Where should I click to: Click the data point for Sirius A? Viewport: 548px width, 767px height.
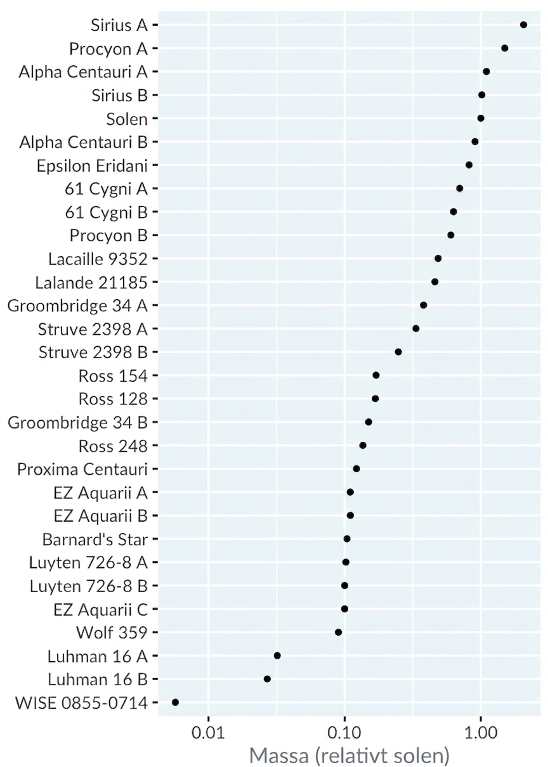(x=523, y=25)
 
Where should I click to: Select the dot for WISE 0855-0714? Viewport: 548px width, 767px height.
(x=175, y=702)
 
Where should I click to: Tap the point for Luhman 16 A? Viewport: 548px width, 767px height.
(x=277, y=655)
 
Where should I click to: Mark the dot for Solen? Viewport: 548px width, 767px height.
(x=481, y=118)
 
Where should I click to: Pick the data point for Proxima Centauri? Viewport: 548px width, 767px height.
(x=356, y=468)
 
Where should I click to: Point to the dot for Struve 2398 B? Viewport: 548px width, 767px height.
(x=398, y=352)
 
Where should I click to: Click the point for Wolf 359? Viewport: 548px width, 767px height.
(x=338, y=632)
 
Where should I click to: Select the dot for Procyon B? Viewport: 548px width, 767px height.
(x=451, y=235)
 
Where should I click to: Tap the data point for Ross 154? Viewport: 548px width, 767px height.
(x=376, y=375)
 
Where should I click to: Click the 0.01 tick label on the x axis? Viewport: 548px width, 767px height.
(x=208, y=733)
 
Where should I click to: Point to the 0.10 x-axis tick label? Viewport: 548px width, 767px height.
(x=344, y=733)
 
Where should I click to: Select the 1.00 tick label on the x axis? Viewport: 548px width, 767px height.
(x=481, y=733)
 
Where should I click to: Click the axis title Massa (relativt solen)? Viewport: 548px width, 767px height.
(x=349, y=756)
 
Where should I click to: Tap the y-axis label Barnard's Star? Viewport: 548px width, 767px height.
(x=95, y=539)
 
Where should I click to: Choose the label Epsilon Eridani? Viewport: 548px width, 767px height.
(x=92, y=166)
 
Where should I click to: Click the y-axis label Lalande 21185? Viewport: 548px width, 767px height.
(x=91, y=283)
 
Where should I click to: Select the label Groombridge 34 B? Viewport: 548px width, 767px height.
(x=77, y=423)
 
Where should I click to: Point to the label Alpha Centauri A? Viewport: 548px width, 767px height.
(x=83, y=72)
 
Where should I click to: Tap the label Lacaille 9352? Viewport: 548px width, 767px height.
(x=98, y=259)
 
